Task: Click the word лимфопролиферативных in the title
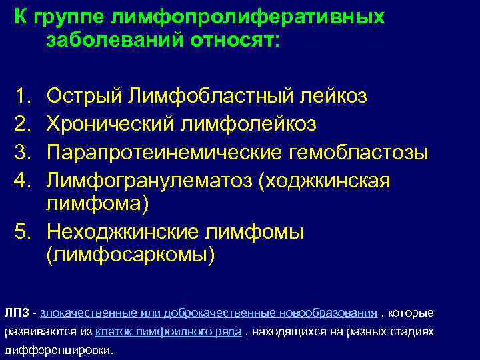251,17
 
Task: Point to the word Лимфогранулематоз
147,181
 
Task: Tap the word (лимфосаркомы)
131,256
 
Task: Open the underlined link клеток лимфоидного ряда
169,331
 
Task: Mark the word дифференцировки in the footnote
59,350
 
